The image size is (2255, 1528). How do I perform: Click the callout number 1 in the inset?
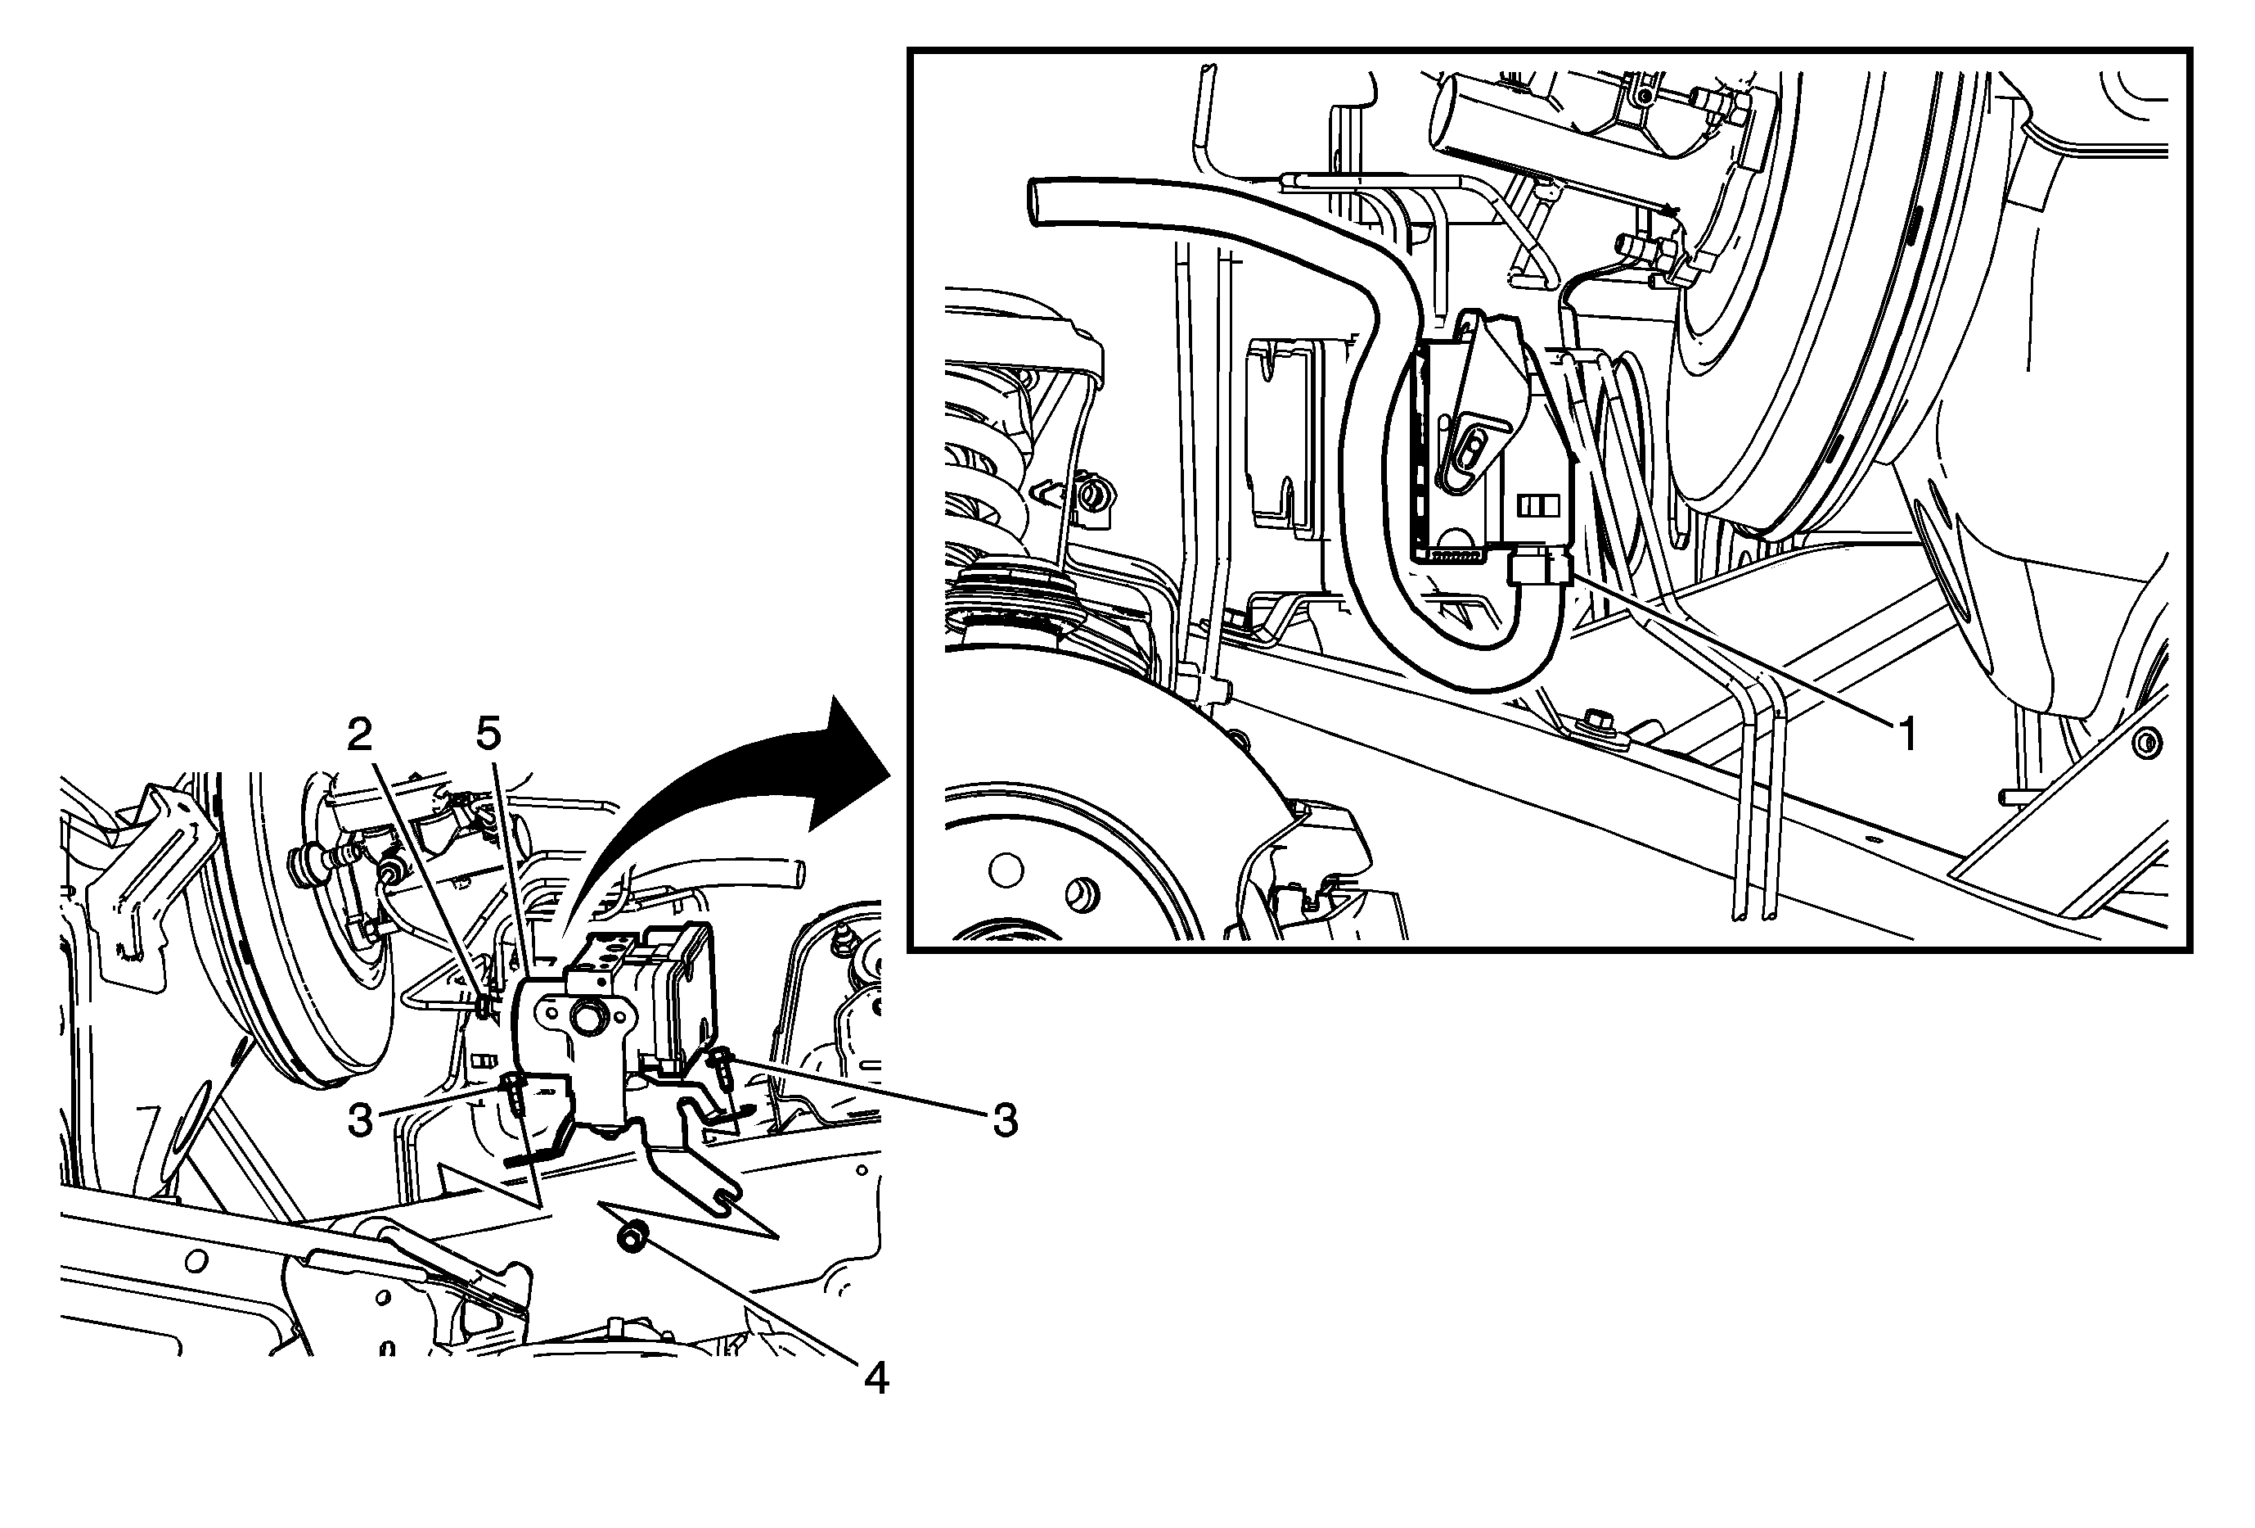[x=1906, y=735]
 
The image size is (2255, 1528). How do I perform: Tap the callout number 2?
[x=360, y=736]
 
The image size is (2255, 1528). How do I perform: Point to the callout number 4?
[x=875, y=1378]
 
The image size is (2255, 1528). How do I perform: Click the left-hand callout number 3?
[x=360, y=1121]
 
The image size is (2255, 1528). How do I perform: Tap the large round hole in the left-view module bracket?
[x=586, y=1017]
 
